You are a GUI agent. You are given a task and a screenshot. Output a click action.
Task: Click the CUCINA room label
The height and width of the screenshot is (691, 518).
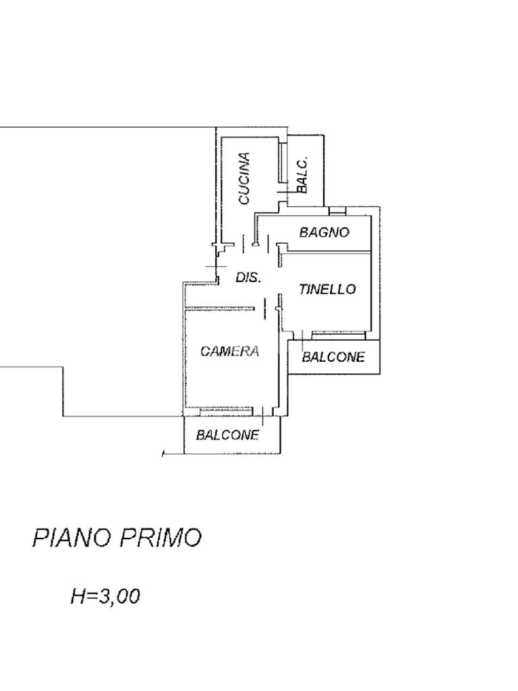coord(244,178)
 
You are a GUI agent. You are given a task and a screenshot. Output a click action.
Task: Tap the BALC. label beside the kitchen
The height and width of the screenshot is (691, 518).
coord(302,175)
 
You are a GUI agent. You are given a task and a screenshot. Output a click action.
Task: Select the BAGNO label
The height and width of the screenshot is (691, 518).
coord(324,232)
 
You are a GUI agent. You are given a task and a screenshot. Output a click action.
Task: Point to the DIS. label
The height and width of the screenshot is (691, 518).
coord(248,277)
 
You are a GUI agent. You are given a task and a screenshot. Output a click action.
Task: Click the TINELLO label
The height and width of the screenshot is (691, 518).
coord(327,289)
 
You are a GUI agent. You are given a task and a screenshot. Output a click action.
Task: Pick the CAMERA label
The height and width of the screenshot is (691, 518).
coord(230,351)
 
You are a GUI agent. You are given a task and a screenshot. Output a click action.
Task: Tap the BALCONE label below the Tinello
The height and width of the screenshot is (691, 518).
coord(333,357)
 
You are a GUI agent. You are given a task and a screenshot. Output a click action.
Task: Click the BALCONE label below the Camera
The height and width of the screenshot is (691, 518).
coord(227,435)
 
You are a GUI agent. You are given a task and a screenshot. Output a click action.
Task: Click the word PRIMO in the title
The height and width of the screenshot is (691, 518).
coord(161,538)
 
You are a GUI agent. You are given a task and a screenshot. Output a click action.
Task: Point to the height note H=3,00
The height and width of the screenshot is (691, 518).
coord(105,596)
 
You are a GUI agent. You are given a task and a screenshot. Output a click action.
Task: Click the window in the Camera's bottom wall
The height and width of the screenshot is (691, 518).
coord(220,410)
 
